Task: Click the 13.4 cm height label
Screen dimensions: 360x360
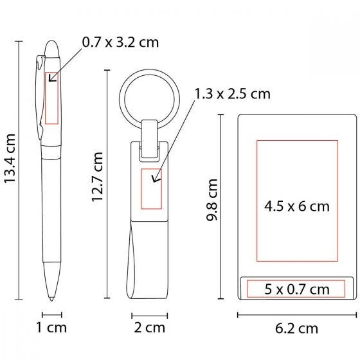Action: point(10,158)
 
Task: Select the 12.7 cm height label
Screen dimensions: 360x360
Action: point(97,177)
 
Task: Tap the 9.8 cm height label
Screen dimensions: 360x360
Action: point(212,200)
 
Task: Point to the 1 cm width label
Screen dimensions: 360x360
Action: point(51,328)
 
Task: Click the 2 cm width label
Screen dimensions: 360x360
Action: point(149,328)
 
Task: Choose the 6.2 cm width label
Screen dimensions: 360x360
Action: point(296,328)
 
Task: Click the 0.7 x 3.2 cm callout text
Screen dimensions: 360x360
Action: point(121,42)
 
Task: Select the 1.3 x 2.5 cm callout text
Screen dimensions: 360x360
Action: point(233,94)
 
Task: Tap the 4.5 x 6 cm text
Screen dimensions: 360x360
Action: point(297,206)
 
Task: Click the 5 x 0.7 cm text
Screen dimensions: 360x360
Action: point(297,289)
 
